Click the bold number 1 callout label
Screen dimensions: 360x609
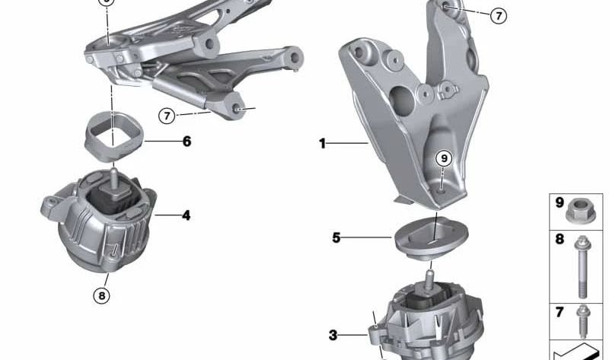pos(322,142)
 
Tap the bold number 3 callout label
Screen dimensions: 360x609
pos(333,335)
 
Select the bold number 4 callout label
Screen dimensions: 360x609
pos(186,215)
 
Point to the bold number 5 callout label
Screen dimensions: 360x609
pos(336,237)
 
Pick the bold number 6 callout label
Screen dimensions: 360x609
pos(187,141)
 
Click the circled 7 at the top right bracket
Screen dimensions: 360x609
pos(498,15)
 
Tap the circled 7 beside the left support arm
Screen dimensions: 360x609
pos(167,116)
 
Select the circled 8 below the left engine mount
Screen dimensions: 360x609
pos(102,296)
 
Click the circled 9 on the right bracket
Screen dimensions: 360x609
pos(444,159)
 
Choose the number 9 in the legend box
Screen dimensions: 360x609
pos(560,203)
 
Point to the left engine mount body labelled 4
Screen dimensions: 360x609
pos(99,221)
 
